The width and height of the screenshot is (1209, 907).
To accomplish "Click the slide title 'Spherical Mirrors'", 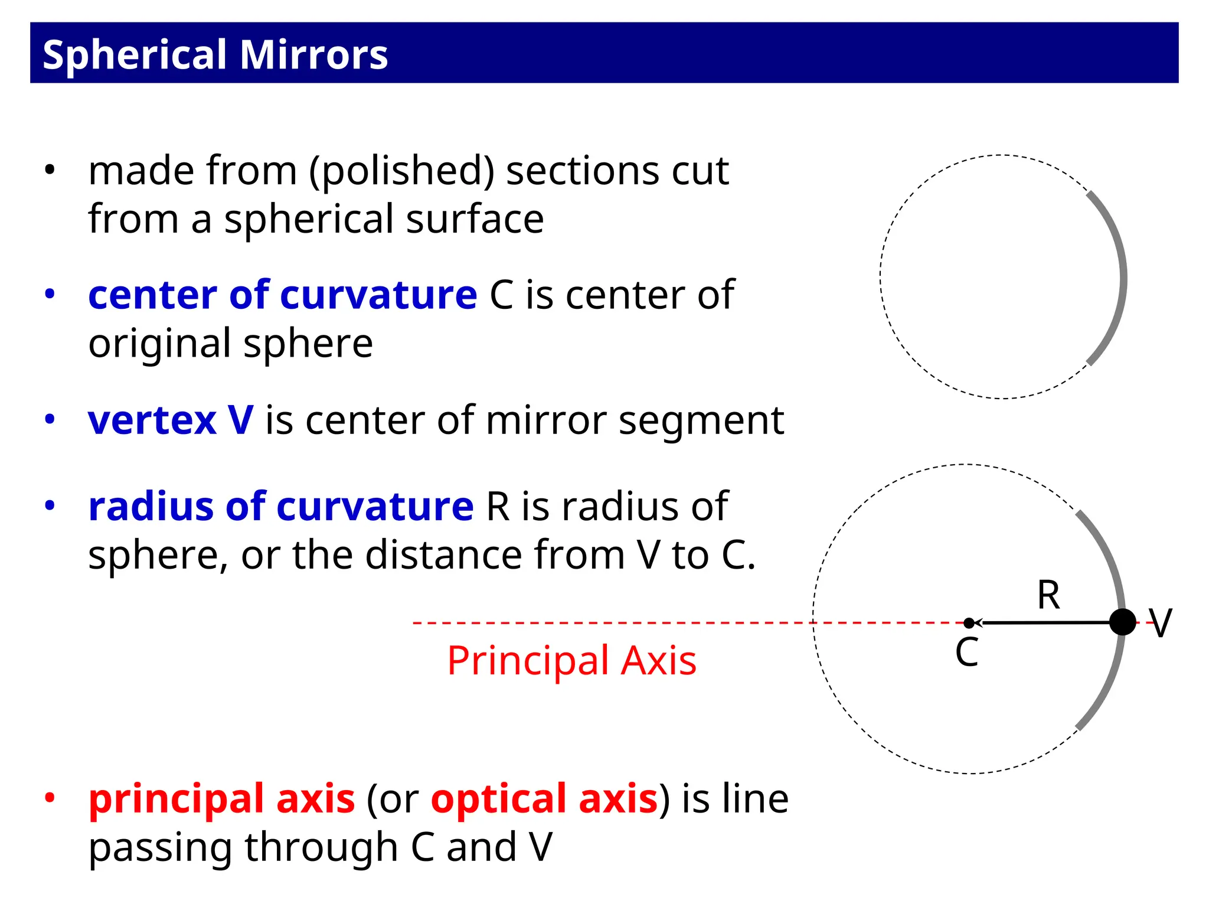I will click(x=215, y=54).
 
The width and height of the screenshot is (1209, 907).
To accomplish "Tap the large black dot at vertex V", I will click(x=1122, y=622).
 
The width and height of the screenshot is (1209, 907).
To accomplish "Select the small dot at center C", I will click(x=969, y=623).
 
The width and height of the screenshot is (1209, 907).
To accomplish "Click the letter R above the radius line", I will click(x=1048, y=595).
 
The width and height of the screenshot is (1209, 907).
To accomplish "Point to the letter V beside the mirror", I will click(x=1160, y=624).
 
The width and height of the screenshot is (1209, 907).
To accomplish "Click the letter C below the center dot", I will click(x=967, y=653).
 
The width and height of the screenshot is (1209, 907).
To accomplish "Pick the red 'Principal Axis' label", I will click(x=571, y=660).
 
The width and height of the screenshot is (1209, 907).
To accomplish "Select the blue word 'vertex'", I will click(x=152, y=420).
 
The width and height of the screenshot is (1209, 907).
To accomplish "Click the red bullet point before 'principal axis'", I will click(x=50, y=798).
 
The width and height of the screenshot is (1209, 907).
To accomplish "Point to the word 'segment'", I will click(x=701, y=420).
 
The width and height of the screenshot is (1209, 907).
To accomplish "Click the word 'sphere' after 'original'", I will click(x=308, y=344).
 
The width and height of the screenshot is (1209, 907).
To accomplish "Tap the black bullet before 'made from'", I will click(x=50, y=170).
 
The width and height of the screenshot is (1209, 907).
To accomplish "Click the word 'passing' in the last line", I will click(x=161, y=848).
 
